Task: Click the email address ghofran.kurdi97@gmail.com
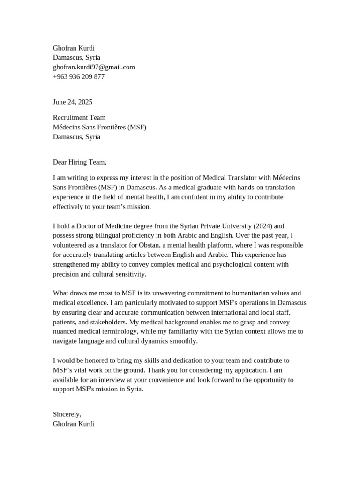tap(94, 67)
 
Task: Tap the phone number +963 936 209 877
tap(79, 77)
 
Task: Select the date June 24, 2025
tap(73, 102)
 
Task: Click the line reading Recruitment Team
tap(79, 118)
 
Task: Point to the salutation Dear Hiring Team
tap(80, 162)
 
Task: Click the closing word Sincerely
tap(67, 414)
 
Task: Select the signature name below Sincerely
tap(74, 424)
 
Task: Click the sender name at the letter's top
tap(74, 48)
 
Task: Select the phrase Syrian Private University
tap(213, 226)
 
